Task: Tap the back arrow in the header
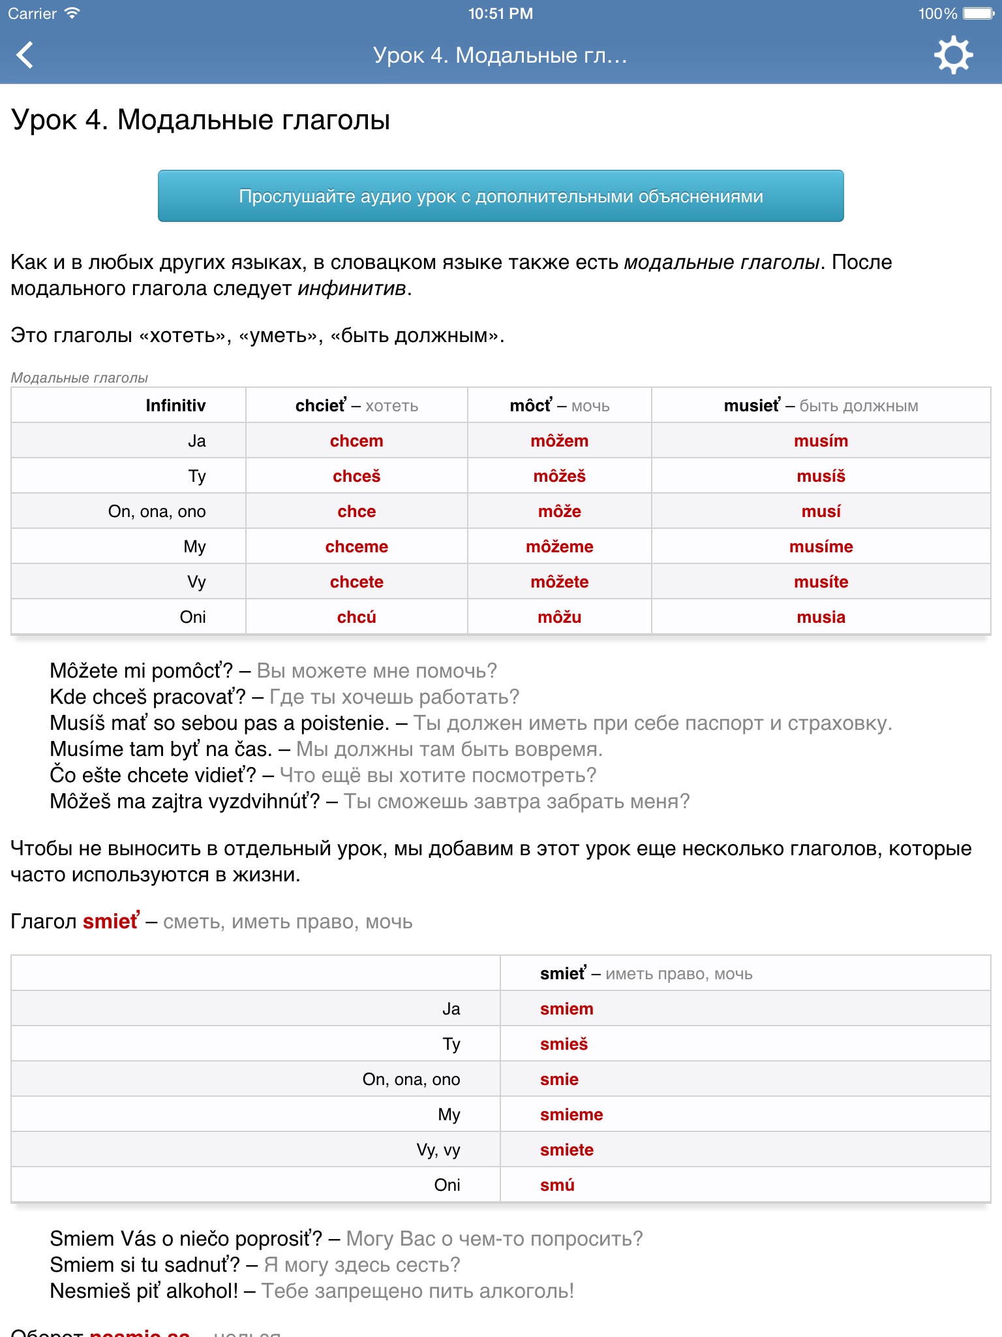tap(25, 55)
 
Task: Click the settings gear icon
tap(953, 55)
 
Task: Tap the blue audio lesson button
tap(500, 196)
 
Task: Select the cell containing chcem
tap(356, 441)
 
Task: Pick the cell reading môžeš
tap(559, 477)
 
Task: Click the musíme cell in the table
tap(821, 547)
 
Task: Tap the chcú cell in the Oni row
tap(356, 618)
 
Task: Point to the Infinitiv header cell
tap(175, 406)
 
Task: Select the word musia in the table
tap(821, 618)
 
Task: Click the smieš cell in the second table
tap(564, 1045)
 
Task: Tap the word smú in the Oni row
tap(557, 1186)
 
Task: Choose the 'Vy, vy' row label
tap(438, 1150)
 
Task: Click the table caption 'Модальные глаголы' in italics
tap(80, 378)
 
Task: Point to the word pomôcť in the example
tap(193, 671)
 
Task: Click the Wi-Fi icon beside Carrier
tap(72, 13)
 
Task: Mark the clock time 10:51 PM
tap(500, 14)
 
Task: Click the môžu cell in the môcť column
tap(559, 618)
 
